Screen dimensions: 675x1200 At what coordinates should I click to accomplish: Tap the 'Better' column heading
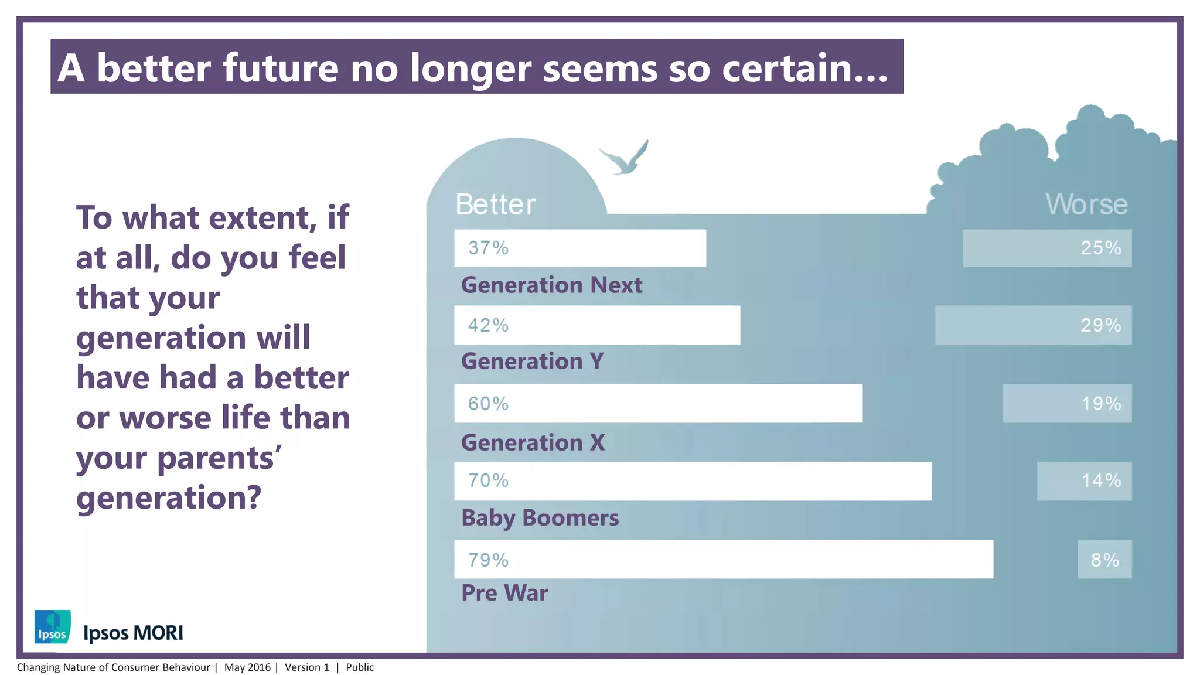tap(495, 204)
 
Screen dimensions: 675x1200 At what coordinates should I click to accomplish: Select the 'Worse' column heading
tap(1086, 204)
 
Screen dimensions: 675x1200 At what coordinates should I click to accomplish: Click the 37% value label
tap(488, 248)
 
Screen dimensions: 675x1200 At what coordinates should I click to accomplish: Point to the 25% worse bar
tap(1046, 248)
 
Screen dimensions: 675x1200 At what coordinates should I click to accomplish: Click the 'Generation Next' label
tap(551, 285)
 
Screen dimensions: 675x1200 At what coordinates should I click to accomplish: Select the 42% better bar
tap(596, 325)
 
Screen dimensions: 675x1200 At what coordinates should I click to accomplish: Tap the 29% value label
tap(1100, 325)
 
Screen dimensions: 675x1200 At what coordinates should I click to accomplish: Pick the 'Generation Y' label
tap(532, 361)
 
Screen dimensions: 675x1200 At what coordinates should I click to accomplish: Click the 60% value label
tap(488, 404)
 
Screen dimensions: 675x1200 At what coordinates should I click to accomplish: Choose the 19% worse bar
tap(1066, 404)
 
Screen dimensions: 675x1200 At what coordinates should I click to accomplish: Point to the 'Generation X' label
tap(533, 442)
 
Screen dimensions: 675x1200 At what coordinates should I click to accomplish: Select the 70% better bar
tap(693, 481)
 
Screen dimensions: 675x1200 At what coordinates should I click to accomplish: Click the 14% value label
tap(1100, 481)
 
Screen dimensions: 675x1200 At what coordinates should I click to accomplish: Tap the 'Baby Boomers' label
tap(540, 518)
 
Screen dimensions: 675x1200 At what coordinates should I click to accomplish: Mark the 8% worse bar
tap(1104, 560)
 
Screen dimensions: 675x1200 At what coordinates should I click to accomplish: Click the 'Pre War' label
tap(504, 593)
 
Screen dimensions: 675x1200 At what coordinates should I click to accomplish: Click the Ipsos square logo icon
tap(53, 627)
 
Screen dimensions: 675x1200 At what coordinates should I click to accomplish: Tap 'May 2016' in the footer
tap(247, 667)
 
